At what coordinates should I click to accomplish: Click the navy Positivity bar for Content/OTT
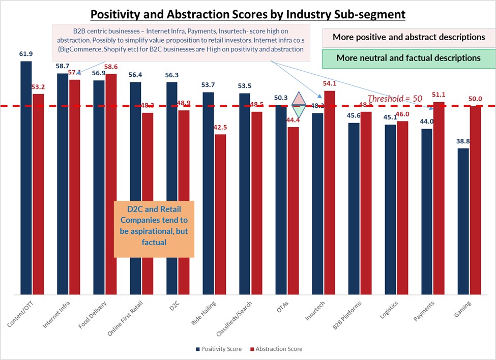tap(26, 177)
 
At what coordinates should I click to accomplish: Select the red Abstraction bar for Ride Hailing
tap(221, 214)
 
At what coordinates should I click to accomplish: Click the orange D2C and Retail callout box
tap(154, 229)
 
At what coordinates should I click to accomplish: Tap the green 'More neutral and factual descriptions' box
tap(409, 58)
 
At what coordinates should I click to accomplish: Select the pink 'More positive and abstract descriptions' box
tap(409, 37)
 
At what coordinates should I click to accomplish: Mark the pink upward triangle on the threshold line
tap(298, 98)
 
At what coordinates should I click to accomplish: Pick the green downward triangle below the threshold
tap(298, 113)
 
